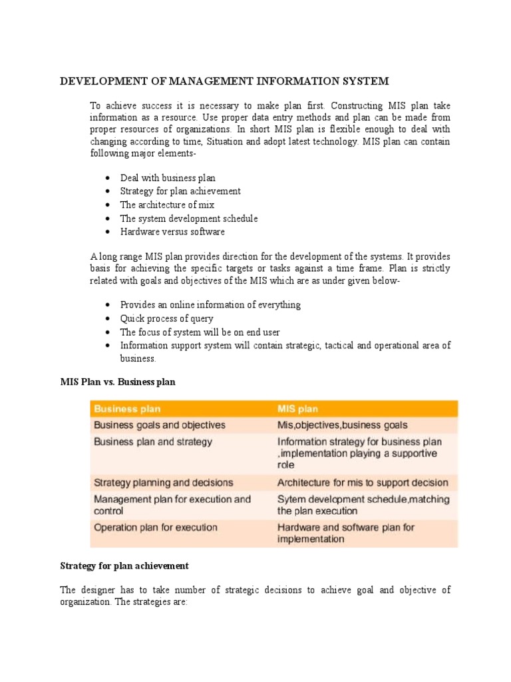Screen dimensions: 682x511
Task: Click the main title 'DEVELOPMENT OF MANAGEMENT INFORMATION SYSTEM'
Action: (224, 81)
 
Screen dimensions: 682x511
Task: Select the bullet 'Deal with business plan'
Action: (168, 178)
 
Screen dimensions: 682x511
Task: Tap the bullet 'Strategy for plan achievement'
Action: (180, 191)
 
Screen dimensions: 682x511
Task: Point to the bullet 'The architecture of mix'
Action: (167, 205)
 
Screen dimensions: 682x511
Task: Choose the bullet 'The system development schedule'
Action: (189, 218)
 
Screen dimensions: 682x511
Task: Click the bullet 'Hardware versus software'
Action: (172, 232)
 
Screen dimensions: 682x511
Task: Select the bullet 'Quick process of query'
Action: (166, 318)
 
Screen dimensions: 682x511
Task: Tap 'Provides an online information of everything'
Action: (210, 304)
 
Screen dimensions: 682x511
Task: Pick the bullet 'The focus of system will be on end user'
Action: (200, 332)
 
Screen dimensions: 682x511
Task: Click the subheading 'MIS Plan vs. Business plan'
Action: (118, 382)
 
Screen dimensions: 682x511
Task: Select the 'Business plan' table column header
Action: (127, 408)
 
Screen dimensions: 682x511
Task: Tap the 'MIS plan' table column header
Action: (298, 408)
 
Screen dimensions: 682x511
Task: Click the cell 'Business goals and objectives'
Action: (160, 425)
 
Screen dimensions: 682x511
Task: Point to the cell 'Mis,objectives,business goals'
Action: (342, 425)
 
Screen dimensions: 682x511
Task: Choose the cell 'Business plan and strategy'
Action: (153, 442)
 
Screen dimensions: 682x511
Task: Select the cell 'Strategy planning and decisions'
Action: (164, 482)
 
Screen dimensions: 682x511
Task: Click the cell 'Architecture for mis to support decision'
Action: (363, 482)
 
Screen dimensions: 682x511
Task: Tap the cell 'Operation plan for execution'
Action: (156, 527)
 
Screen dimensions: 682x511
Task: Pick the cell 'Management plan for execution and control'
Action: (172, 505)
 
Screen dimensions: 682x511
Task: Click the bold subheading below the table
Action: (124, 565)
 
